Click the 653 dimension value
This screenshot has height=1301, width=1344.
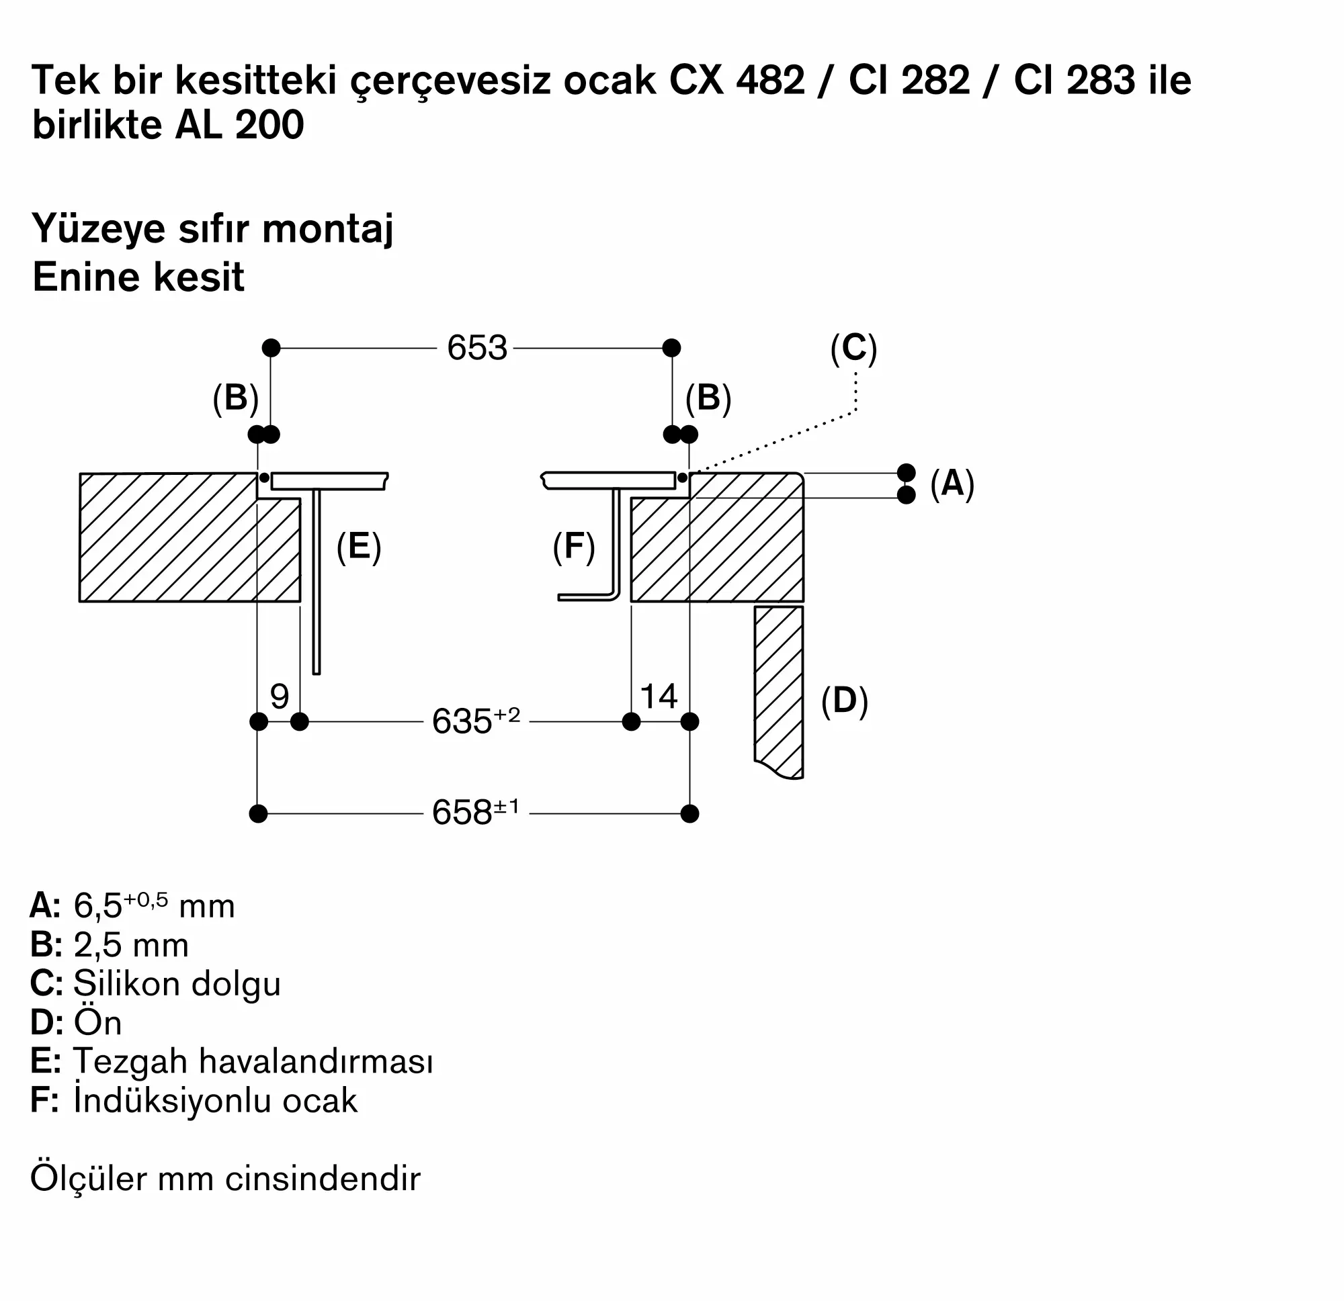(x=476, y=348)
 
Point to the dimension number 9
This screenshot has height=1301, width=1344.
(x=279, y=697)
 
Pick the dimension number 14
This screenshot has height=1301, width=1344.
(x=659, y=697)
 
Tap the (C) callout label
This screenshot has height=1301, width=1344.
(x=853, y=348)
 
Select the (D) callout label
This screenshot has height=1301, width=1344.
(x=844, y=701)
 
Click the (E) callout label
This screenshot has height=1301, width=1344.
(x=359, y=547)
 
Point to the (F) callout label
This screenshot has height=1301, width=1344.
(x=574, y=547)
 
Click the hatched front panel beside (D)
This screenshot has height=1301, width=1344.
(x=778, y=686)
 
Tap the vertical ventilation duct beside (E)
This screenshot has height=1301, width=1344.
(x=316, y=582)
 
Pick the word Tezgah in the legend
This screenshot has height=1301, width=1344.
(x=130, y=1061)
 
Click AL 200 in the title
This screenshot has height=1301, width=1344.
(x=239, y=126)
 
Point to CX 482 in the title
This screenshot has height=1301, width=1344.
(x=737, y=80)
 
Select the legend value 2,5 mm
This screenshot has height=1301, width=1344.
(x=131, y=945)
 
